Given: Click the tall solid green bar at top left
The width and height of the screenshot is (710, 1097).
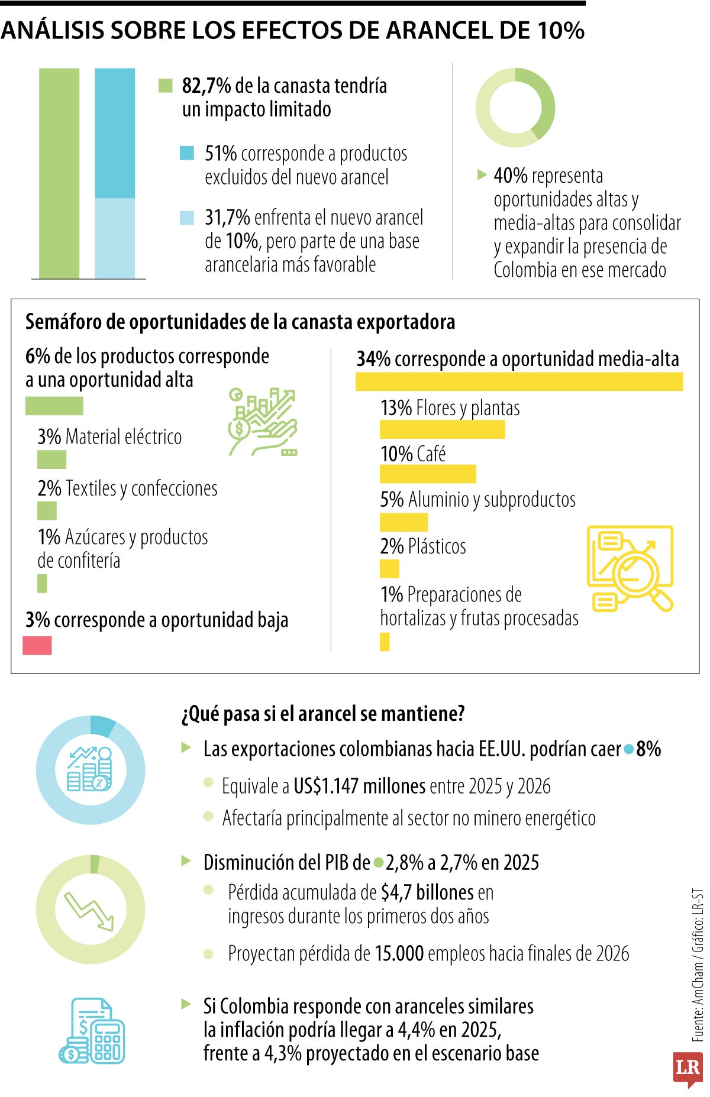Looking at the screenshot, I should [59, 173].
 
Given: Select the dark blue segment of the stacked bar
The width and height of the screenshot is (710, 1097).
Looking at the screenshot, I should [115, 133].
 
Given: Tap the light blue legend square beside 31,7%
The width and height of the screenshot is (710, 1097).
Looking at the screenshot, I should [187, 218].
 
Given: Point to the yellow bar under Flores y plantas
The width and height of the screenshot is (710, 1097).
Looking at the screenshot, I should [442, 429].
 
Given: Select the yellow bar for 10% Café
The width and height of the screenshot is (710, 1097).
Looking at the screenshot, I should [428, 474].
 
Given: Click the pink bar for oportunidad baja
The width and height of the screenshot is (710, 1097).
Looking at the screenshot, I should [37, 645].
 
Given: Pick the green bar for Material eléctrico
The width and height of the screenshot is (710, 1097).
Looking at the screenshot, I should [51, 459].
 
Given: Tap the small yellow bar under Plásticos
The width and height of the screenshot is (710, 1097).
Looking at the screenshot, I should [389, 568].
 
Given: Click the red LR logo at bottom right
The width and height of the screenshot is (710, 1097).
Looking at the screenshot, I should [688, 1069].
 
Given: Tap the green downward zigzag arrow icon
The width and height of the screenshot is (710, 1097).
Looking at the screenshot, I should [89, 910].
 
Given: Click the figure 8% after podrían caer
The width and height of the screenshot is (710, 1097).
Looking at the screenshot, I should [648, 749].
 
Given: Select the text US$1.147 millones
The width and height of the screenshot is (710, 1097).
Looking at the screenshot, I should [359, 786].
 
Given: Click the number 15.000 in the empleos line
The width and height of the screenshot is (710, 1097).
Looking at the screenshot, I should [398, 953].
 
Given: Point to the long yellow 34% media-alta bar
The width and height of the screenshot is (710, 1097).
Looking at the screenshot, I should [519, 381].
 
